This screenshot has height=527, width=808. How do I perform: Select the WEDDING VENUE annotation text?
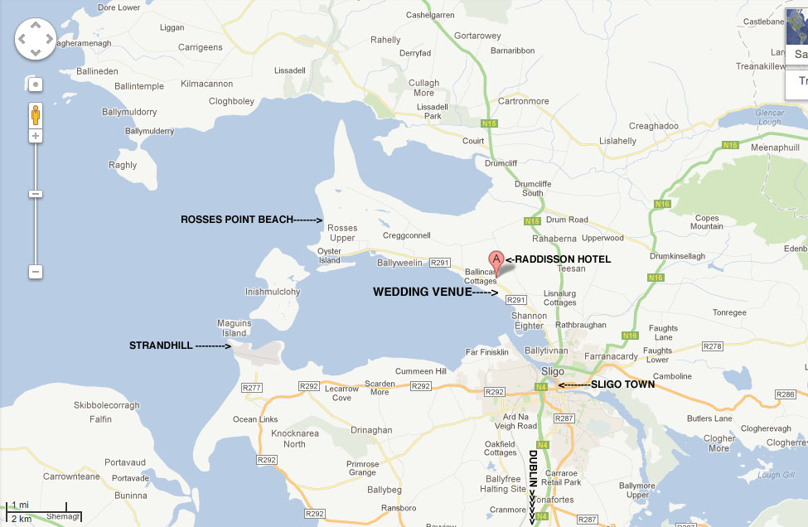point(422,292)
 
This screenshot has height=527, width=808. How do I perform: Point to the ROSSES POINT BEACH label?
point(237,220)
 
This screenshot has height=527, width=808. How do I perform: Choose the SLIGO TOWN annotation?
point(622,384)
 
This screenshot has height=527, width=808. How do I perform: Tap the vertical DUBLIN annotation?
point(534,468)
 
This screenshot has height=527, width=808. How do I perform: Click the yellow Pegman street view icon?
point(36,113)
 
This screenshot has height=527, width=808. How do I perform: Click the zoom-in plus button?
point(36,135)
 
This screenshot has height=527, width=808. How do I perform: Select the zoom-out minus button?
point(36,272)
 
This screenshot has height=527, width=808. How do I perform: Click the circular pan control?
point(36,39)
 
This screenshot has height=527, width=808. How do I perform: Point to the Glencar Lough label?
point(768,117)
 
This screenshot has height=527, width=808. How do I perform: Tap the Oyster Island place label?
point(329,255)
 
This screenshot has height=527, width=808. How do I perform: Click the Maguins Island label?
point(233,328)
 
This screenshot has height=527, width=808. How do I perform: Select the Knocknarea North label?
point(294,438)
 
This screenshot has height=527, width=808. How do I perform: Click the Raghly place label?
point(123,165)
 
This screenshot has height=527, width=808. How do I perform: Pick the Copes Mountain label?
point(707,221)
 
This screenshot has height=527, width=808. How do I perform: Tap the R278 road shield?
point(713,346)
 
